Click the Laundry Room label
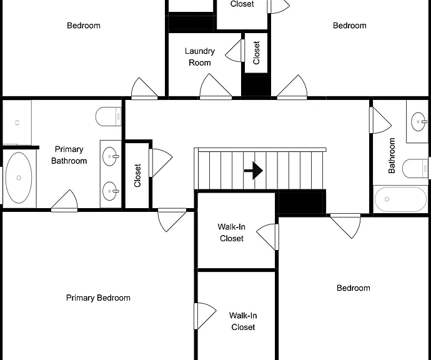(200, 57)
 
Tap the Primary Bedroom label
(98, 298)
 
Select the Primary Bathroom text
(69, 155)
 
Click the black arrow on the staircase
(254, 171)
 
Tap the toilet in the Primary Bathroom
(109, 117)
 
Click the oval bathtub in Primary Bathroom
(19, 178)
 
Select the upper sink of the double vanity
(110, 156)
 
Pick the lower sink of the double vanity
(110, 191)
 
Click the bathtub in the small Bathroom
(400, 199)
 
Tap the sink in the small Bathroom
(419, 121)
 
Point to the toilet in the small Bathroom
(415, 168)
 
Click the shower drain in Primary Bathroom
(17, 122)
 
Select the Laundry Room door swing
(215, 86)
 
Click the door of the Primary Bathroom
(64, 201)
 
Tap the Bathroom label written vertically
(392, 156)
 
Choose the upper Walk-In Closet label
(232, 232)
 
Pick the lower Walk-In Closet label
(243, 321)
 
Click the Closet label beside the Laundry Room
(256, 52)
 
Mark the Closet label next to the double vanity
(137, 176)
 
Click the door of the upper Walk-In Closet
(268, 237)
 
